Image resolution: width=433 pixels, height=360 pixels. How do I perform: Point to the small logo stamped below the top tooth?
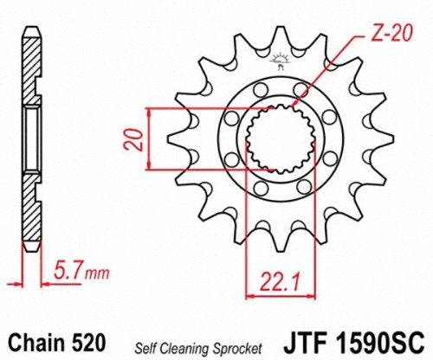coord(278,61)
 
